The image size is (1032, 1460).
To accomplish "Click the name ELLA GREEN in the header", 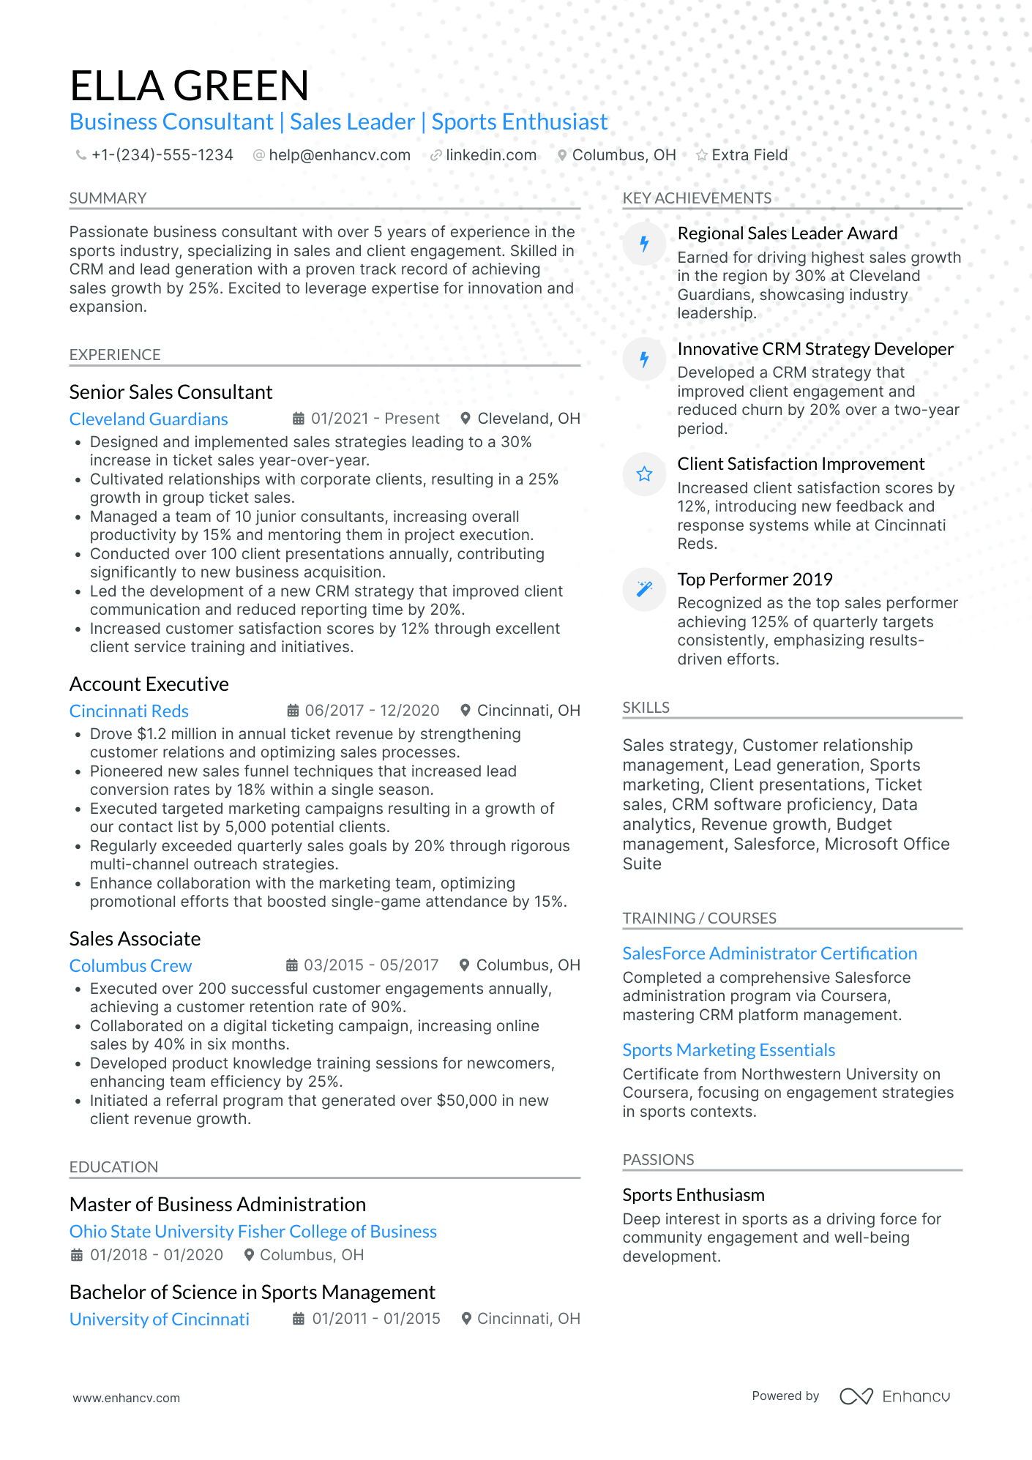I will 189,86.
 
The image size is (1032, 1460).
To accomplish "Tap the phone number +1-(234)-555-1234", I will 162,155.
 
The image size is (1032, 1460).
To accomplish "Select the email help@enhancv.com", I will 339,155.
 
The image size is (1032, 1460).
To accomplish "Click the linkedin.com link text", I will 490,155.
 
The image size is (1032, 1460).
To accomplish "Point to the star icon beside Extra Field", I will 701,155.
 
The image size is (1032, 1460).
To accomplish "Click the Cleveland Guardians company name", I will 149,419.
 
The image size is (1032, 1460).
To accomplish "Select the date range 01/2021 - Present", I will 375,419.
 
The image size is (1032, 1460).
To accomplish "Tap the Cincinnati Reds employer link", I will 129,711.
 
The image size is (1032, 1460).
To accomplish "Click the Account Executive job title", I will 149,684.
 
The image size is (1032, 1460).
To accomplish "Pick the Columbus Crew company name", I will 130,966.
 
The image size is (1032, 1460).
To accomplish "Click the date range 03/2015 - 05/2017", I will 371,965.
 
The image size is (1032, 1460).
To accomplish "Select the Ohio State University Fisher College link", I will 253,1232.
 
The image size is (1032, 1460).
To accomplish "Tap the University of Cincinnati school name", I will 160,1319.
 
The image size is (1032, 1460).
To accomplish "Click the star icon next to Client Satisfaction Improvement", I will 644,474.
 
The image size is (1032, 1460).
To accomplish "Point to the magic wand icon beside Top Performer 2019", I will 644,589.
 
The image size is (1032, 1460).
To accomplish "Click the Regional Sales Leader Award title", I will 787,233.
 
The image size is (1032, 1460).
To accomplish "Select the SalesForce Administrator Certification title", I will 769,954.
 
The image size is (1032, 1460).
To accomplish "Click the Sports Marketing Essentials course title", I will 728,1050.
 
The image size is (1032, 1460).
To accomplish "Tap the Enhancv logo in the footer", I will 894,1396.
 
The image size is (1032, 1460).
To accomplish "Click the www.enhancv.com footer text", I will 126,1398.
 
